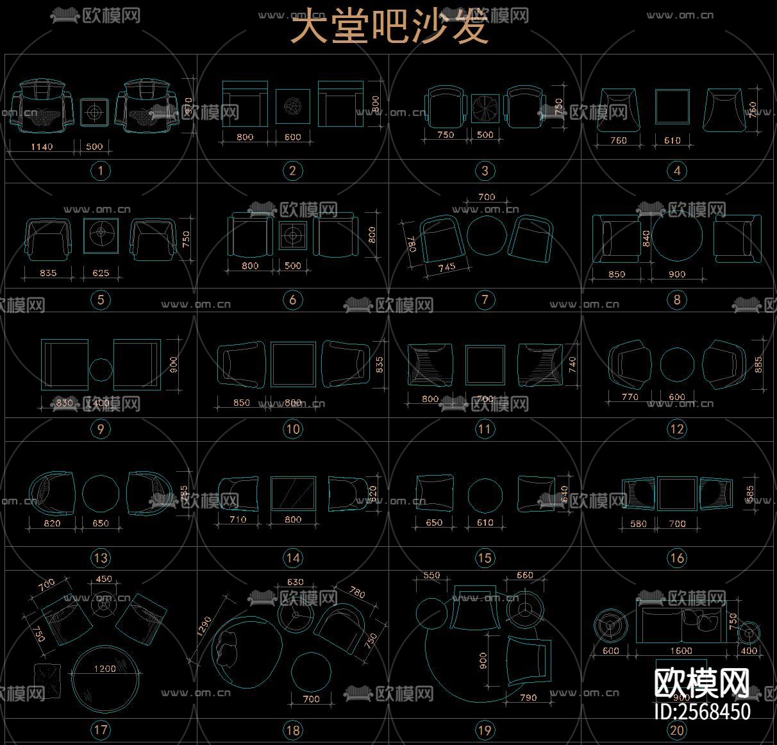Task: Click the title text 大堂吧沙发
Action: pos(390,27)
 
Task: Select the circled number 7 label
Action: pos(485,299)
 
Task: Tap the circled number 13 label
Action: pos(101,558)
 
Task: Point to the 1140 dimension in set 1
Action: pos(42,147)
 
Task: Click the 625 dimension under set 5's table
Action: pos(101,273)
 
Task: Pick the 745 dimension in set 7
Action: pos(446,267)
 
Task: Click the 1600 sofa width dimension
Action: pos(681,651)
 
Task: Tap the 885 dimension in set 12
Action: pos(759,364)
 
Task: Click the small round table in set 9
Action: pos(100,369)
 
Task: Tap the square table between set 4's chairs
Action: pos(672,106)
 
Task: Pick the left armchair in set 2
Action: pos(244,103)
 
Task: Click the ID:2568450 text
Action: pos(701,711)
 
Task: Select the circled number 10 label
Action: pos(292,429)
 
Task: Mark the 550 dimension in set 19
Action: pos(431,576)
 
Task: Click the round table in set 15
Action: pos(485,494)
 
